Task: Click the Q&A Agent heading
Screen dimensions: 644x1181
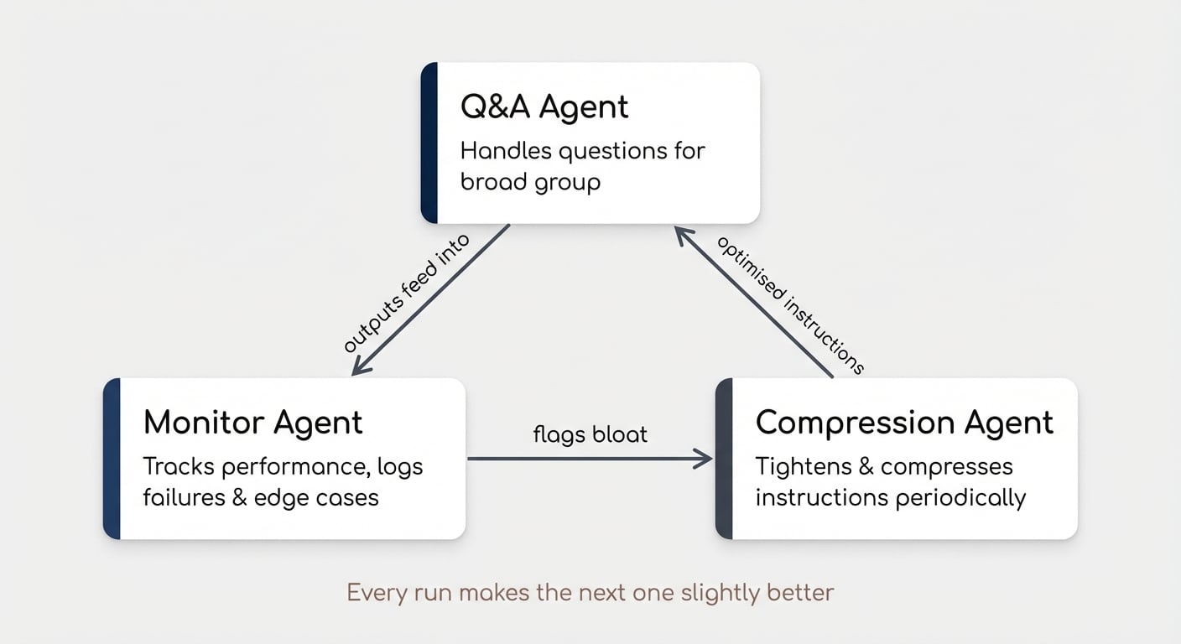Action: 544,107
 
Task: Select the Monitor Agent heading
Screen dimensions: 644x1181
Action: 253,422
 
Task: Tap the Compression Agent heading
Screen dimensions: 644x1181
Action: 904,422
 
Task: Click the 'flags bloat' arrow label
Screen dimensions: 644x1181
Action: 590,434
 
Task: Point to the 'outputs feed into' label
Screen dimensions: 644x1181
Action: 407,294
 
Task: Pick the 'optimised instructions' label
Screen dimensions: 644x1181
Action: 788,304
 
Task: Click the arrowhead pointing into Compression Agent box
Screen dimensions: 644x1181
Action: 705,459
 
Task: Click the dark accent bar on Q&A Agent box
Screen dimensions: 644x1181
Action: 429,143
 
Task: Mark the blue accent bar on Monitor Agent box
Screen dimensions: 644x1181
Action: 112,459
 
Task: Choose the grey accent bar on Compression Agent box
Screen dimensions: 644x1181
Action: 724,459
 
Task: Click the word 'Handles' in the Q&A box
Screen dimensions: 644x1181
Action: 506,152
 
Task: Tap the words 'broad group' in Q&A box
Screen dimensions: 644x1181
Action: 530,182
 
